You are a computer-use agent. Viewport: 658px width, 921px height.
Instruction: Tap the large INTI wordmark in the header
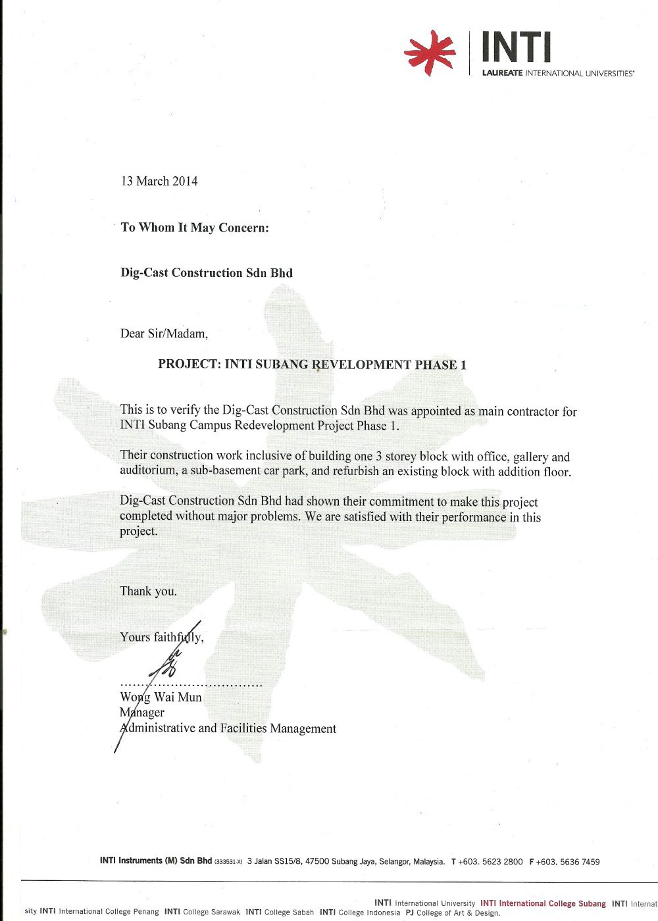tap(517, 48)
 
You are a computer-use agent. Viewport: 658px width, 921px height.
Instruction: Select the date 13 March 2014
tap(159, 181)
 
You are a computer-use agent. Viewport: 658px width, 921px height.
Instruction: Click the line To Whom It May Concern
tap(195, 228)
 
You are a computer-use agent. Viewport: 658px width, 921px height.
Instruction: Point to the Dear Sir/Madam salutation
tap(164, 334)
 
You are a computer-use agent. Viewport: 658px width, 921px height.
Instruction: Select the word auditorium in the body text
tap(148, 471)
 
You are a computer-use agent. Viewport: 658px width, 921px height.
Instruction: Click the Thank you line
tap(148, 591)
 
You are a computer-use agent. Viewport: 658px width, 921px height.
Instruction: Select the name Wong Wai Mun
tap(161, 697)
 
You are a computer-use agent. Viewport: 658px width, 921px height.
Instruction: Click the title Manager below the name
tap(142, 712)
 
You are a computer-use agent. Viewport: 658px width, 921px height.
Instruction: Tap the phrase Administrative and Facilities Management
tap(228, 728)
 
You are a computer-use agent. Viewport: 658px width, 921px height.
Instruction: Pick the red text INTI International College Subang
tap(543, 903)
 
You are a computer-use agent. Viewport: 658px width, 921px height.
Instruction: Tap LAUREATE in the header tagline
tap(502, 73)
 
